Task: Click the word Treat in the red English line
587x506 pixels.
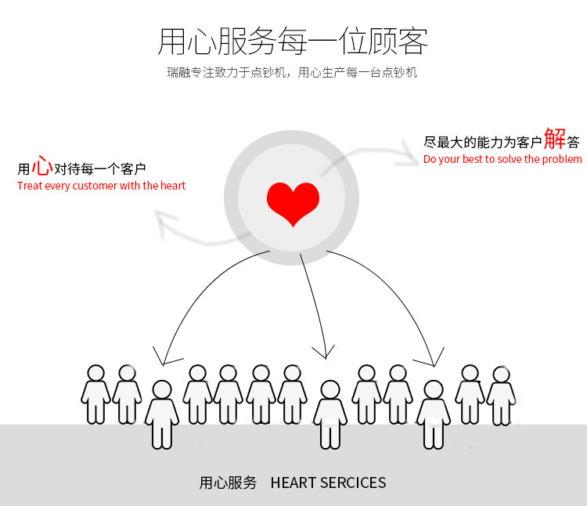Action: click(x=30, y=186)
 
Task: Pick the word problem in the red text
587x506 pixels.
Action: click(x=563, y=159)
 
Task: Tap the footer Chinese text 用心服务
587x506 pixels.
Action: click(x=228, y=483)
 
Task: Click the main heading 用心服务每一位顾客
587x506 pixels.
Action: click(x=293, y=42)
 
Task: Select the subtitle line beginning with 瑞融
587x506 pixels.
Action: click(x=293, y=73)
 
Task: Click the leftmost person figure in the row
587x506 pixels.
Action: click(x=95, y=394)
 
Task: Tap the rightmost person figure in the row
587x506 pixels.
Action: click(x=501, y=396)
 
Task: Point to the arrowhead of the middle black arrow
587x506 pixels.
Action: click(x=324, y=353)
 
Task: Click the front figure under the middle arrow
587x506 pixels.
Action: click(x=330, y=414)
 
